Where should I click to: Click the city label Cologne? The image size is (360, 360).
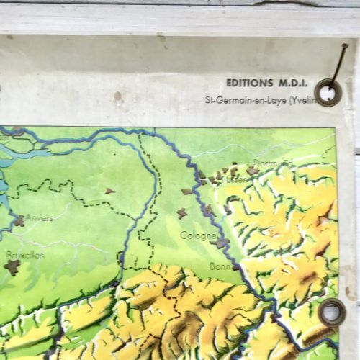[198, 235]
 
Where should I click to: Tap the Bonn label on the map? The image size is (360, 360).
[219, 266]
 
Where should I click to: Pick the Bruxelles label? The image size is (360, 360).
[24, 255]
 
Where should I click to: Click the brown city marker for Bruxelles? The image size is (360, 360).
[12, 267]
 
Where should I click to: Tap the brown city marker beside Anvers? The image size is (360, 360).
[18, 220]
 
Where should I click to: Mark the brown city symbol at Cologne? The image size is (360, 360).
[220, 243]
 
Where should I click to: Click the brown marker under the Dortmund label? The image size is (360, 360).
[253, 171]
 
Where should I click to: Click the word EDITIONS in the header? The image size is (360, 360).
[249, 83]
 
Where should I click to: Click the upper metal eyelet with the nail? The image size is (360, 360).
[328, 92]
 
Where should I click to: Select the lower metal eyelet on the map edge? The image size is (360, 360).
[331, 311]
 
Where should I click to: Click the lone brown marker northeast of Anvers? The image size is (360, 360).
[109, 191]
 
